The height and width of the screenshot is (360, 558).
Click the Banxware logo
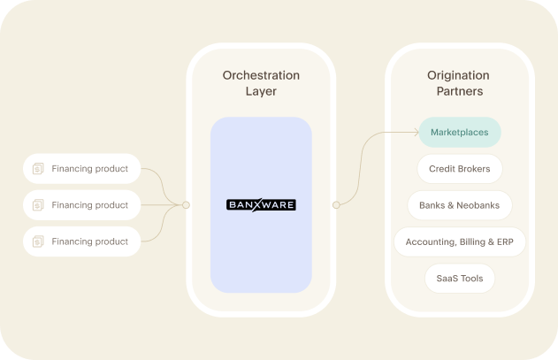point(261,205)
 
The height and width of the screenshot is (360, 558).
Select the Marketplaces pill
point(460,133)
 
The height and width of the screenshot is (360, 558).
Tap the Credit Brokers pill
point(460,169)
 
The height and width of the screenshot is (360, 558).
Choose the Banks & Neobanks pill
point(460,205)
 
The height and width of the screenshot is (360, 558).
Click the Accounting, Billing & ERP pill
point(460,241)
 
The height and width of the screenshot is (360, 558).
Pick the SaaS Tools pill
point(460,278)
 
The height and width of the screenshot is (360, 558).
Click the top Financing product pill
point(81,169)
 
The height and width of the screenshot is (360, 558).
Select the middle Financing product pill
point(81,205)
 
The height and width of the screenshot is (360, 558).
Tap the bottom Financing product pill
point(81,241)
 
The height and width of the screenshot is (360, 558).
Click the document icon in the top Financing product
point(38,169)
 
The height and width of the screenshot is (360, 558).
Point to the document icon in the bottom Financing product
point(38,241)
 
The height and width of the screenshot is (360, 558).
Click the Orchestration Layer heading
point(261,82)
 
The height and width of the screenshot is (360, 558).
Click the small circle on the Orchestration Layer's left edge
point(186,205)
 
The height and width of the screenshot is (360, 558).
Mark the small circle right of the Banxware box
point(336,205)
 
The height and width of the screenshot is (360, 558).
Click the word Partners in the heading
point(460,91)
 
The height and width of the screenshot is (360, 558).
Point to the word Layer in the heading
point(261,91)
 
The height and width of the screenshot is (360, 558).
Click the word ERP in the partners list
point(503,241)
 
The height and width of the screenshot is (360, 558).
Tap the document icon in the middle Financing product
point(38,205)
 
